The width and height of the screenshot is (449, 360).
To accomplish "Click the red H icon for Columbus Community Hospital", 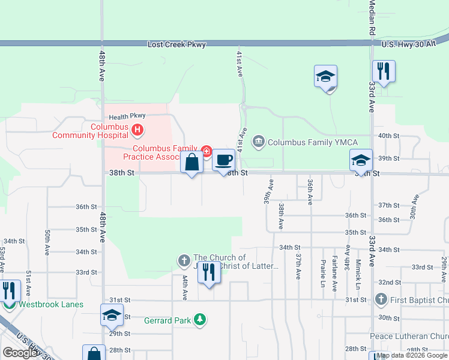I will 137,129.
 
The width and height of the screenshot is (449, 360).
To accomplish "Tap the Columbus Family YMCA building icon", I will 259,142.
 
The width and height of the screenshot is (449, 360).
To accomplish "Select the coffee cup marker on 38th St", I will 223,160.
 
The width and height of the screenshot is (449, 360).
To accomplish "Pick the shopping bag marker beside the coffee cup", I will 191,163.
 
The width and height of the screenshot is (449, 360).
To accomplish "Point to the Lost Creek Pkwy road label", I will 176,45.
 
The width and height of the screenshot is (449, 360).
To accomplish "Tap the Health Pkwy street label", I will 127,117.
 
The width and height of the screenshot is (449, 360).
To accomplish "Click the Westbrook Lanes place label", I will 50,304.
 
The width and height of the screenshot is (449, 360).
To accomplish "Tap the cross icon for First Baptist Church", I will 380,299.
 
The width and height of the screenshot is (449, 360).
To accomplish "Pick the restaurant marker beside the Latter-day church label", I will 208,272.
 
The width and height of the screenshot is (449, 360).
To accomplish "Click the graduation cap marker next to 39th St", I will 361,160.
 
